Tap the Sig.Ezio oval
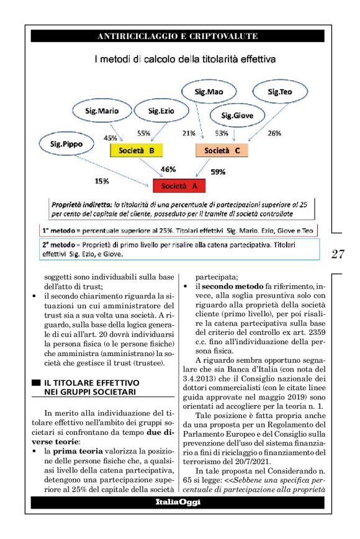[163, 112]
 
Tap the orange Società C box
[226, 150]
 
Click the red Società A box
[179, 185]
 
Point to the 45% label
[110, 137]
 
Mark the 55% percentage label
[143, 133]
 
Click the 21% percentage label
[189, 133]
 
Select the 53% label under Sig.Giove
[221, 133]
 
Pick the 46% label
[168, 169]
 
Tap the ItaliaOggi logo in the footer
[178, 502]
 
